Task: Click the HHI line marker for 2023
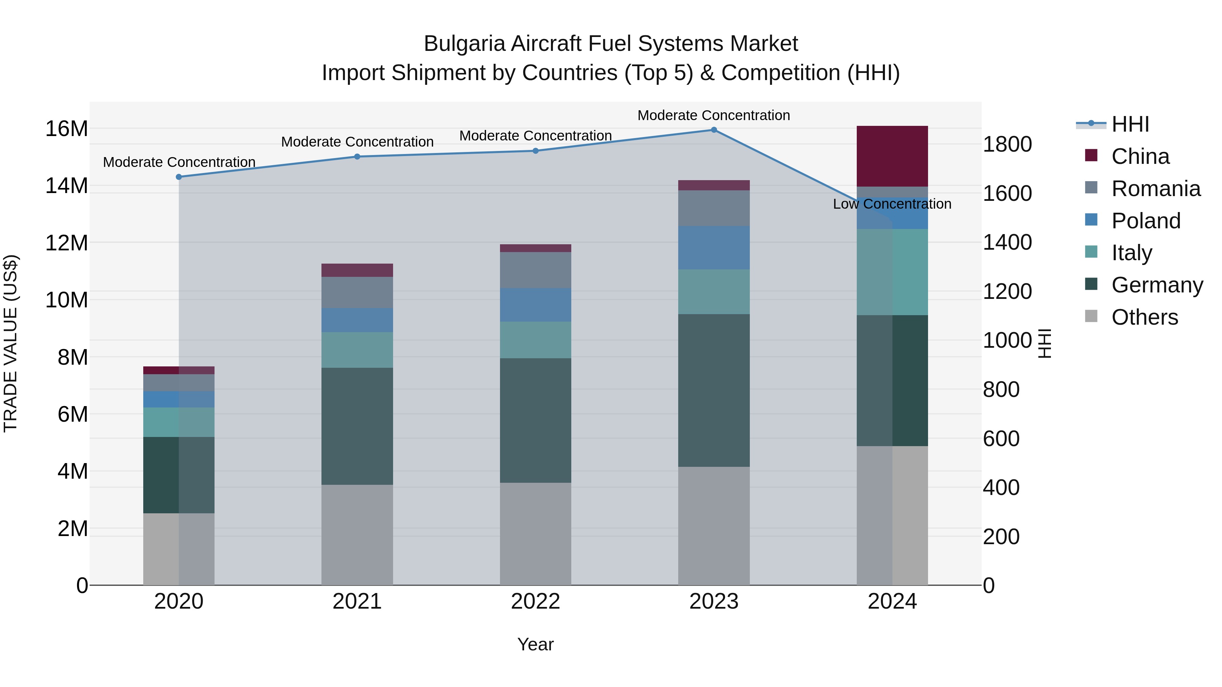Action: pos(714,130)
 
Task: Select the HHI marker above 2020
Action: pos(179,177)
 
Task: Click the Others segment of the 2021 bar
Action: pos(357,534)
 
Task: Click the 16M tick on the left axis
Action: pos(67,129)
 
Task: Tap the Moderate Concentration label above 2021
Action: pos(357,142)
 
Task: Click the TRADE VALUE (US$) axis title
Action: pos(11,343)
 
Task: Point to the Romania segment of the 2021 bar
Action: pos(357,292)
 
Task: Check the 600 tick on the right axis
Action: pos(1001,439)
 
